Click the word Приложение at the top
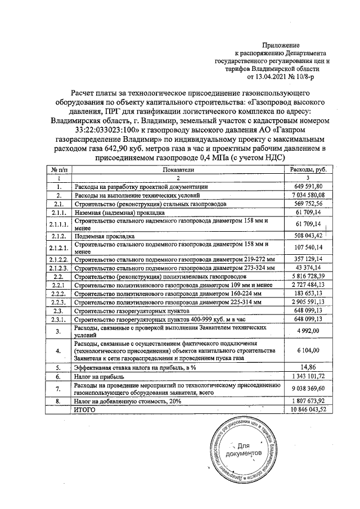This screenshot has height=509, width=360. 281,44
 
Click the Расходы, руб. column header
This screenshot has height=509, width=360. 308,169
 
